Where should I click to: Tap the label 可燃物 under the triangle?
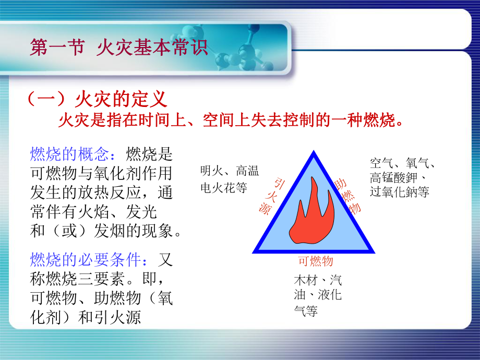[315, 261]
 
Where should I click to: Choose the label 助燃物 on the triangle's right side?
[348, 196]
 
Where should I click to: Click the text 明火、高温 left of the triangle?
[229, 171]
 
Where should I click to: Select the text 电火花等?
[223, 188]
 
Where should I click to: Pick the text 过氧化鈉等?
[399, 191]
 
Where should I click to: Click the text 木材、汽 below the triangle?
[318, 281]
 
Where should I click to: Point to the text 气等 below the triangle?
[306, 311]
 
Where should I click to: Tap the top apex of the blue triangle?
[314, 153]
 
